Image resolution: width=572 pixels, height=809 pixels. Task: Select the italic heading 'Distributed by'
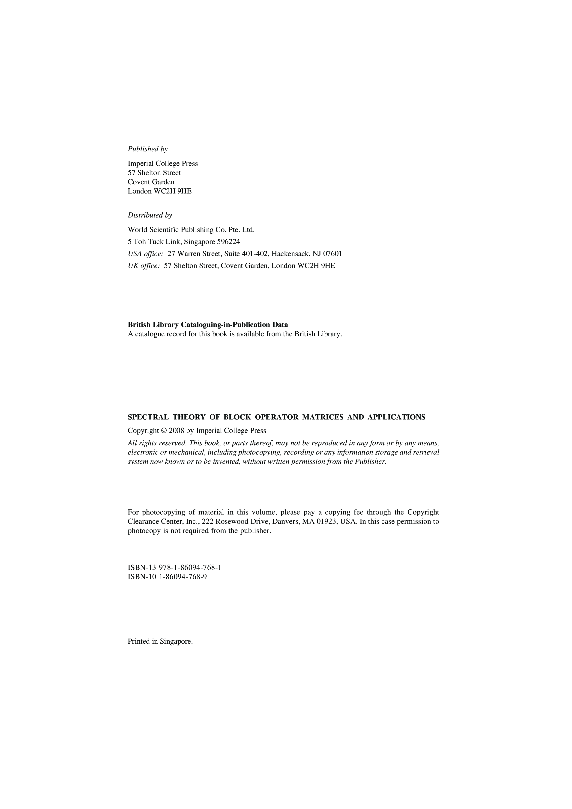click(x=150, y=215)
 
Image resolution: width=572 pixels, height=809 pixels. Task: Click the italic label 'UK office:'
click(x=144, y=266)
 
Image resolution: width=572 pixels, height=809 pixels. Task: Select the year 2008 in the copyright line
click(x=177, y=431)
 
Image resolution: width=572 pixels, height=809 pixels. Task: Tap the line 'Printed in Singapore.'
click(x=160, y=641)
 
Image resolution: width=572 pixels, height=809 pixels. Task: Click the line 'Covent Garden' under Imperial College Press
click(x=151, y=182)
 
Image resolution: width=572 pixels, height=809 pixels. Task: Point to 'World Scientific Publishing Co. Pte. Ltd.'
click(x=191, y=230)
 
